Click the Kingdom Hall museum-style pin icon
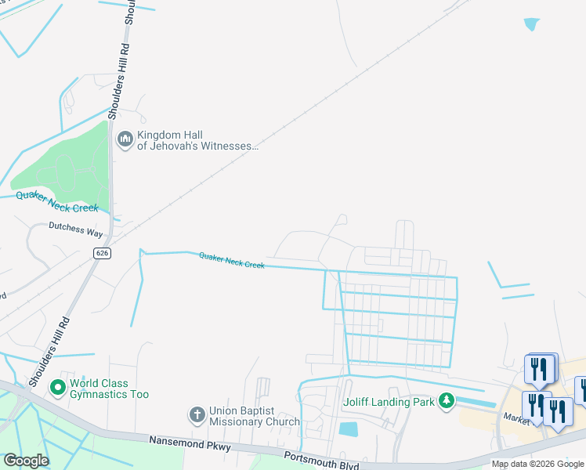click(x=125, y=139)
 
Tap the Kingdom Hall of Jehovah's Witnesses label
click(x=197, y=139)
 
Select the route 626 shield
click(x=101, y=253)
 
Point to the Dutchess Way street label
click(x=77, y=233)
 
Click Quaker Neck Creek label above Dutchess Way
click(x=57, y=202)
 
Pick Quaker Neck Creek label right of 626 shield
click(x=232, y=260)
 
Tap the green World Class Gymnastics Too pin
click(x=57, y=388)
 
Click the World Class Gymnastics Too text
click(x=109, y=389)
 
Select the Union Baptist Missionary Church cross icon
click(x=197, y=414)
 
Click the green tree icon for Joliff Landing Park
click(x=446, y=401)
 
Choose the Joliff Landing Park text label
click(x=389, y=403)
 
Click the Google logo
click(x=26, y=461)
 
